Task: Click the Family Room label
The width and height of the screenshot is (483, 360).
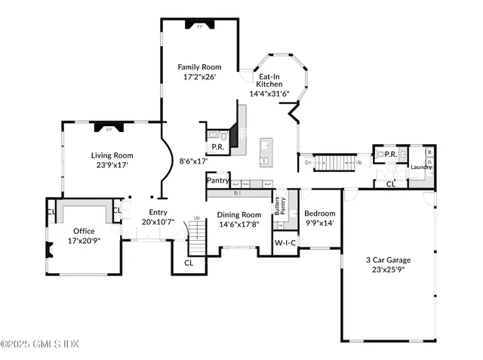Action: pos(200,67)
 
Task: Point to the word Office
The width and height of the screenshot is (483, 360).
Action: pos(84,231)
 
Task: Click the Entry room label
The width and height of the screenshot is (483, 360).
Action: pos(158,212)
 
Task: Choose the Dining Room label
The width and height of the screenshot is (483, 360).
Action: pos(238,214)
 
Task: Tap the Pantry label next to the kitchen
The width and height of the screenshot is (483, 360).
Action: pos(217,180)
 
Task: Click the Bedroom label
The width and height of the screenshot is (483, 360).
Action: pos(319,214)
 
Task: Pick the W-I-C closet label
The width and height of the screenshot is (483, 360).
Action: pos(285,243)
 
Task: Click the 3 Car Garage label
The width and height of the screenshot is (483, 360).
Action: pos(389,260)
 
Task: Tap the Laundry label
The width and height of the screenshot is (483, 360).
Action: pos(421,167)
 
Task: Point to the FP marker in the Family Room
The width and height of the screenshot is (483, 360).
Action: pos(200,26)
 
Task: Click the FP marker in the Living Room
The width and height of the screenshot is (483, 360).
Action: pos(109,130)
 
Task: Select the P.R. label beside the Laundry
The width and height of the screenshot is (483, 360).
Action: pos(391,154)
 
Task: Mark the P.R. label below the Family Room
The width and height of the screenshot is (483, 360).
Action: pos(216,146)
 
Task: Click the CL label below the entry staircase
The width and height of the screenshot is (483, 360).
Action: pos(189,263)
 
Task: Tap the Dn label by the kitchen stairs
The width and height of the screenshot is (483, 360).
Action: pos(308,162)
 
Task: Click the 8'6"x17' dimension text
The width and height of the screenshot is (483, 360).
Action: pos(193,160)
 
